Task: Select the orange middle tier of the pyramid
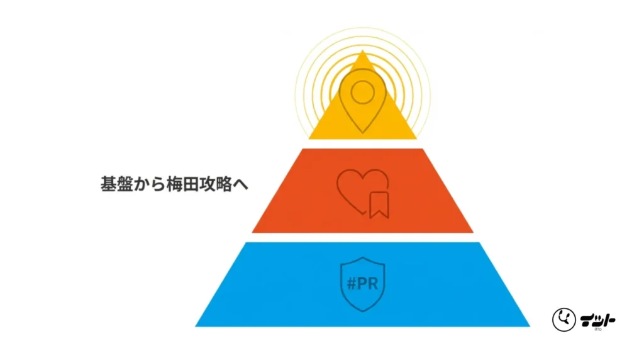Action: pyautogui.click(x=363, y=191)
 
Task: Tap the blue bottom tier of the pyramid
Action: pyautogui.click(x=363, y=284)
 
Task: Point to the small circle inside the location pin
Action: pyautogui.click(x=363, y=93)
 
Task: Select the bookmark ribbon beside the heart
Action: pyautogui.click(x=379, y=205)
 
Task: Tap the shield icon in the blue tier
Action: pyautogui.click(x=363, y=284)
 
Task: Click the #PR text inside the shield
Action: pyautogui.click(x=363, y=284)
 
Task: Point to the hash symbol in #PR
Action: pyautogui.click(x=352, y=284)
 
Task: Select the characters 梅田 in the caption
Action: pyautogui.click(x=182, y=184)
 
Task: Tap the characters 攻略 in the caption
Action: pyautogui.click(x=216, y=184)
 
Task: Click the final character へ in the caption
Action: pyautogui.click(x=241, y=184)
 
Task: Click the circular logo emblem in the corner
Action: pyautogui.click(x=564, y=319)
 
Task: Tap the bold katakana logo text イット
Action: pyautogui.click(x=597, y=320)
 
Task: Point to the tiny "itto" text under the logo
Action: pyautogui.click(x=597, y=329)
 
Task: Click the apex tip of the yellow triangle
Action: pyautogui.click(x=363, y=50)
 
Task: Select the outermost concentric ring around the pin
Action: pyautogui.click(x=363, y=82)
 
